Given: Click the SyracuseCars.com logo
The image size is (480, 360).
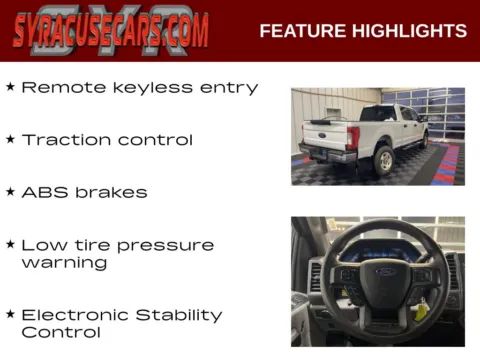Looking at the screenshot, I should pos(111,30).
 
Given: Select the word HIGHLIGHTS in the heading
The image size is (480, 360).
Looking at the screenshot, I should pos(410,31).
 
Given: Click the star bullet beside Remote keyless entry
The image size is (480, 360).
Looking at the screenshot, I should pos(10,87).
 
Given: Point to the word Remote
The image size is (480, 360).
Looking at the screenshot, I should pos(59,88).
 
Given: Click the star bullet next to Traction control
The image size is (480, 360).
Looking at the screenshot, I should pos(10,139).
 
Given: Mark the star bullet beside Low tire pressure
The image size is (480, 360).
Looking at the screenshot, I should pos(10,244).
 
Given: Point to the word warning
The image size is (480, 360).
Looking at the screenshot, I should pos(64,263).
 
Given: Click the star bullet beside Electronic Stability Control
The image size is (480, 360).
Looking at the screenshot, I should pos(10,314).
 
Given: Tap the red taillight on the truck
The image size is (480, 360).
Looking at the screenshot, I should pos(353,138).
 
